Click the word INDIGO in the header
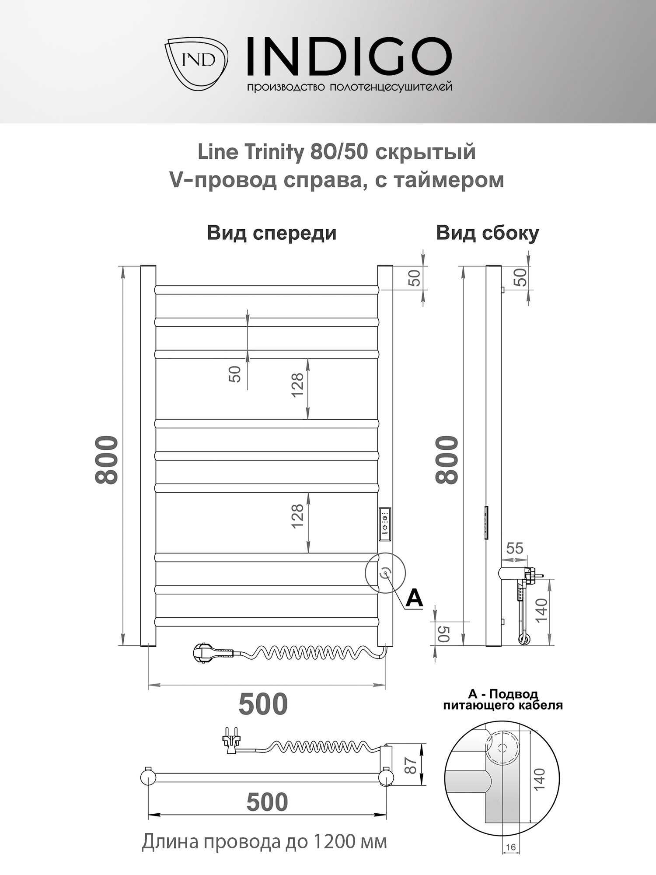tap(349, 56)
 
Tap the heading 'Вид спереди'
tap(272, 233)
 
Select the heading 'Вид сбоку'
tap(487, 233)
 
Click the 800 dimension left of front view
tap(107, 460)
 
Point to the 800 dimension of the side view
tap(447, 460)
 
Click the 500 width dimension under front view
tap(263, 703)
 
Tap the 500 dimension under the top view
tap(267, 802)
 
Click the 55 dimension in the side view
tap(514, 548)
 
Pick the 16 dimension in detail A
tap(510, 847)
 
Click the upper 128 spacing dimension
tap(297, 385)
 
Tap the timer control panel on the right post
tap(385, 525)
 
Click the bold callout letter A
tap(414, 598)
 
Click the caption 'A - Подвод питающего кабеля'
tap(503, 700)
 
